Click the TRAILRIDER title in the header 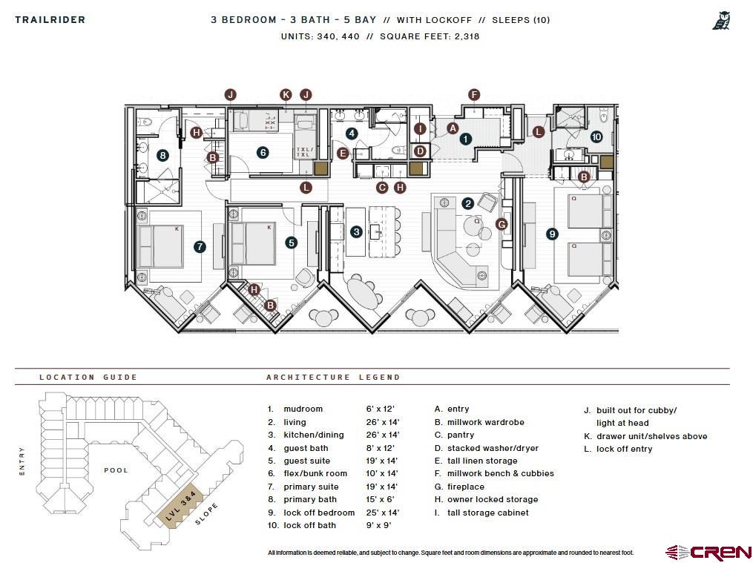[x=50, y=20]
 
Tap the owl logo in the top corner [x=721, y=21]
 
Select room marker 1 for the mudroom [x=465, y=138]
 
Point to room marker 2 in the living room [x=467, y=203]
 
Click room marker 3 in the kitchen [x=356, y=232]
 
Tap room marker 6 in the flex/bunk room [x=263, y=152]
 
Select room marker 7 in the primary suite [x=199, y=247]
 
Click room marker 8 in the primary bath [x=162, y=155]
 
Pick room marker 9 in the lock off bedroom [x=552, y=234]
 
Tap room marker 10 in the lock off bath [x=596, y=136]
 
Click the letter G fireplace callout [x=502, y=224]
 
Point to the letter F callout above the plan [x=474, y=94]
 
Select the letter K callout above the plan [x=286, y=94]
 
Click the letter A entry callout [x=453, y=128]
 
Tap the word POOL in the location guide [x=116, y=470]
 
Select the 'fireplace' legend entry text [x=465, y=487]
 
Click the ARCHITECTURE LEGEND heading [x=333, y=377]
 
